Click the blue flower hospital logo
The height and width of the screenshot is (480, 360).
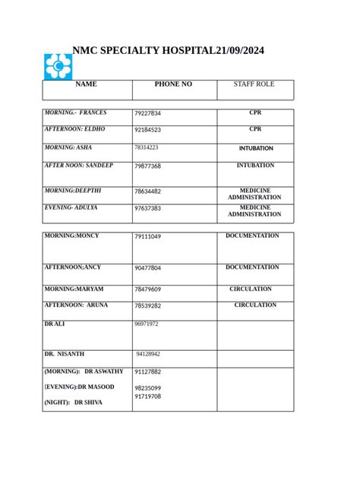58,67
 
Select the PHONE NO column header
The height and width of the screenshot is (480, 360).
173,84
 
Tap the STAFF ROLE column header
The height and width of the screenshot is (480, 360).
254,84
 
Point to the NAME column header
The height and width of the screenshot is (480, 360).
87,84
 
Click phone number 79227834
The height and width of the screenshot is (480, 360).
148,114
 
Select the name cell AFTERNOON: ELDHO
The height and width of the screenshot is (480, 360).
74,130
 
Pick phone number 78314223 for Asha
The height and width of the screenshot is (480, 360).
147,147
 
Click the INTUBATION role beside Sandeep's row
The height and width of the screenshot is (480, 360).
255,166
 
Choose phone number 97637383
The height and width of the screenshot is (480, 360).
147,208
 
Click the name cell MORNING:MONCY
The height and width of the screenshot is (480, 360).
71,236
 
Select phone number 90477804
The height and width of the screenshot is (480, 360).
148,268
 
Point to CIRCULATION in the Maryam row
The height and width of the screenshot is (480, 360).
251,289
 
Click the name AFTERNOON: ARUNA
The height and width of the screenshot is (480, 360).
76,305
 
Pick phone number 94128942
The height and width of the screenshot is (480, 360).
148,354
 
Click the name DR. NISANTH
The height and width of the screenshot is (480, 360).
65,354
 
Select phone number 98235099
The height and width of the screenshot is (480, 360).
148,388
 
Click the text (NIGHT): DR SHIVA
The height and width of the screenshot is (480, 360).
73,403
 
